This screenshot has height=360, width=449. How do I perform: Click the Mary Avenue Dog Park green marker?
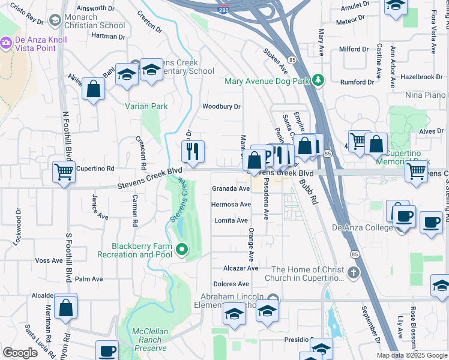(x=318, y=80)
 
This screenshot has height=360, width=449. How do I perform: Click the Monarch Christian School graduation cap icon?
(x=56, y=21)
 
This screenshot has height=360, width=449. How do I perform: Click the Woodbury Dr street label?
(x=221, y=106)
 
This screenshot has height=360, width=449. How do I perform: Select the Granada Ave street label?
(x=231, y=188)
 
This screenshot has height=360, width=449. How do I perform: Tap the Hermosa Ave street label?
(x=231, y=205)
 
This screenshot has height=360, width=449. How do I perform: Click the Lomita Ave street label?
(x=231, y=221)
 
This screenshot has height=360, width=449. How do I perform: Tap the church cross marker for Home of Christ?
(x=354, y=274)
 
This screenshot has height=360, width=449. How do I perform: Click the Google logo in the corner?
(x=20, y=353)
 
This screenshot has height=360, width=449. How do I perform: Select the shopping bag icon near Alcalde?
(x=65, y=307)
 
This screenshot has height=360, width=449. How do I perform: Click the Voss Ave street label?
(x=49, y=260)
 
